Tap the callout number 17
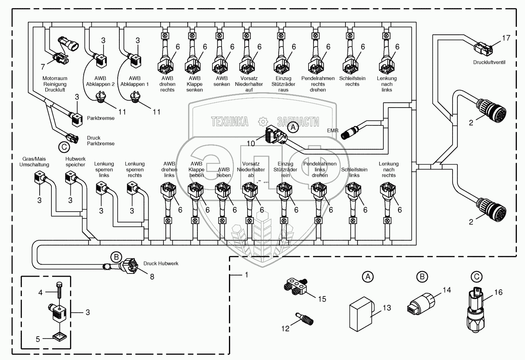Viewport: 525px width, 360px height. click(x=506, y=38)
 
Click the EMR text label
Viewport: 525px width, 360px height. click(x=332, y=130)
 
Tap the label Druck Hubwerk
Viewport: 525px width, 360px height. click(x=161, y=263)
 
